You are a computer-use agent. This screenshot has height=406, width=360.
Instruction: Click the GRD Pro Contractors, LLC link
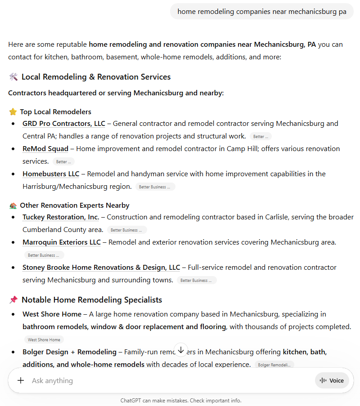click(x=63, y=124)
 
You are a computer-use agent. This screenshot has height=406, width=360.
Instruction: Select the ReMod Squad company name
click(x=45, y=149)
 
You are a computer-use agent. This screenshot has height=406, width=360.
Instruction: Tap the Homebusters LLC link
click(x=51, y=174)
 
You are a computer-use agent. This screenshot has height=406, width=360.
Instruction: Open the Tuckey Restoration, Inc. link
click(x=61, y=217)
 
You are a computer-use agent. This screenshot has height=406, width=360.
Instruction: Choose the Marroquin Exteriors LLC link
click(x=62, y=242)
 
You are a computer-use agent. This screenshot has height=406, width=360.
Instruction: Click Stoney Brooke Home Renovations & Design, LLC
click(x=101, y=268)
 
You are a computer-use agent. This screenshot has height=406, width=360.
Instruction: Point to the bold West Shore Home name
click(x=52, y=314)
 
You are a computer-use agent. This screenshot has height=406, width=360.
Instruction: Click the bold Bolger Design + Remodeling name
click(x=69, y=352)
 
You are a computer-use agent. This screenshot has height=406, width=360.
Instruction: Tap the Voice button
click(x=332, y=380)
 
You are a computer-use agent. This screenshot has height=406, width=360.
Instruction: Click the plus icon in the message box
click(x=21, y=380)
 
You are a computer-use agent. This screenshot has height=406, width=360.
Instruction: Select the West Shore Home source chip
click(x=44, y=340)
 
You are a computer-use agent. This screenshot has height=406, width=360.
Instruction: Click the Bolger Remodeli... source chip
click(x=274, y=365)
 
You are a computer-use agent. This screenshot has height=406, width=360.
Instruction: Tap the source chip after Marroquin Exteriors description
click(x=44, y=255)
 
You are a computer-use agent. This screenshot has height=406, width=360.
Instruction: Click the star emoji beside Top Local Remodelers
click(x=13, y=112)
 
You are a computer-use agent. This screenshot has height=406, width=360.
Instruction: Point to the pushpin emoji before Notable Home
click(x=13, y=300)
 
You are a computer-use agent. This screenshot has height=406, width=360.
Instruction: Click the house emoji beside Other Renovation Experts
click(x=13, y=205)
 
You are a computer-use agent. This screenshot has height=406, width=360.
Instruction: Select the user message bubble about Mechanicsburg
click(x=262, y=12)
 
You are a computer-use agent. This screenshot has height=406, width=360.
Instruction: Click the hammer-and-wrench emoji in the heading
click(x=13, y=77)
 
